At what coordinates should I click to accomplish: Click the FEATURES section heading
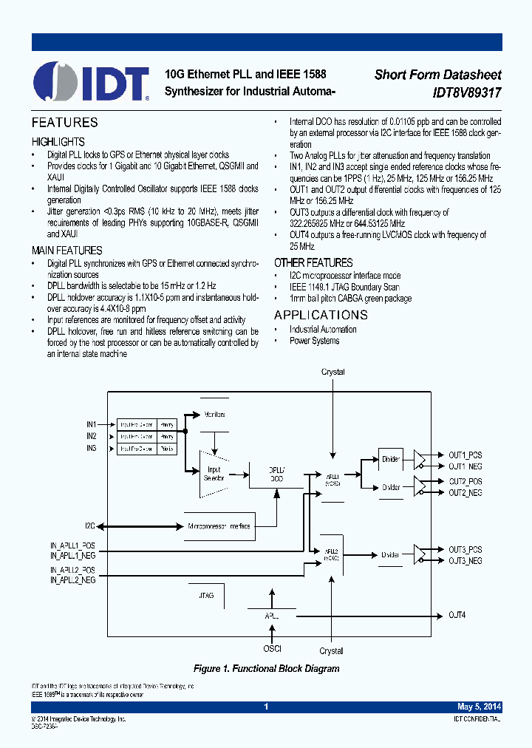point(64,123)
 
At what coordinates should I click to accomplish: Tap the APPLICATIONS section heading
point(321,316)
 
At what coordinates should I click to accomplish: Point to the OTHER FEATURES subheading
point(313,262)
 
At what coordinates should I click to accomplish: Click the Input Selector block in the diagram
point(214,470)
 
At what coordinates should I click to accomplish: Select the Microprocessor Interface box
point(219,526)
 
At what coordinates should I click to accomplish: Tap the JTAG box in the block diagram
point(207,594)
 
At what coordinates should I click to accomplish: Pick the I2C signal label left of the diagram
point(89,526)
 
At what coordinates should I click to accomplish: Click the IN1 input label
point(91,424)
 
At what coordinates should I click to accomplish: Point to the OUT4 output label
point(458,615)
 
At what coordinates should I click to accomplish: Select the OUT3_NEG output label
point(465,561)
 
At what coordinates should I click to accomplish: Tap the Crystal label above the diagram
point(332,372)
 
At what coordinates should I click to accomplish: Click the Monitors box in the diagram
point(214,415)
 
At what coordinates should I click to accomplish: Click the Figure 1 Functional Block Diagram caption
point(266,668)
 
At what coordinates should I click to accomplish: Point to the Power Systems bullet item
point(314,341)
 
